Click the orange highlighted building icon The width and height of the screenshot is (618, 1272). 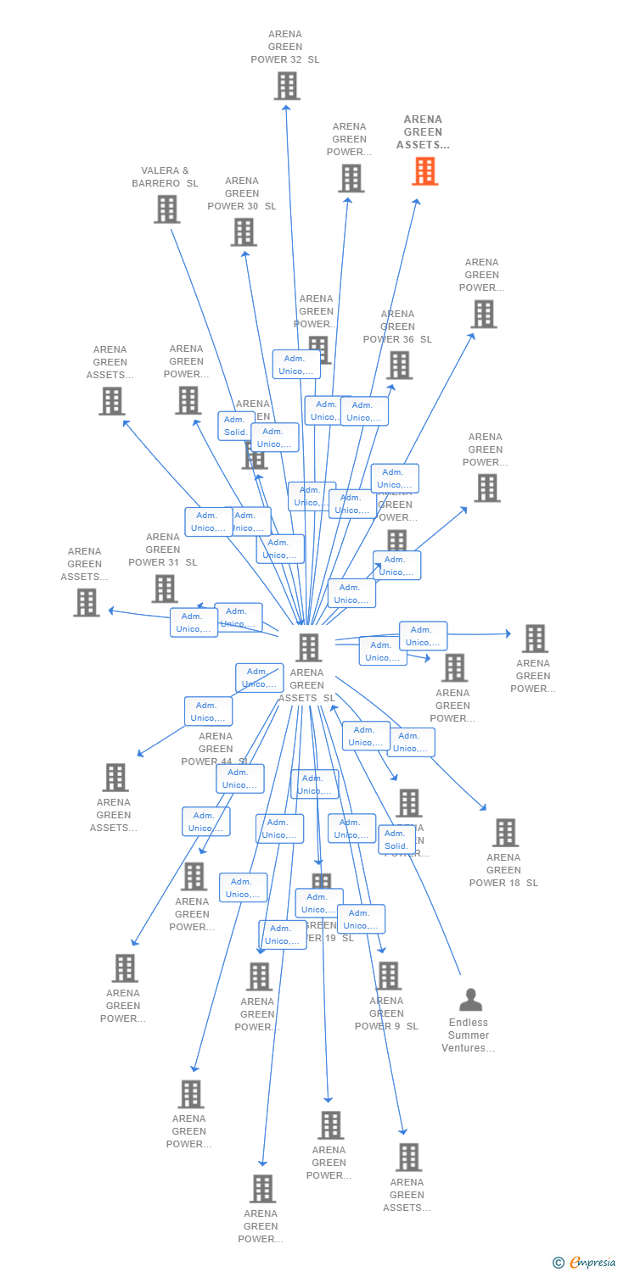point(424,170)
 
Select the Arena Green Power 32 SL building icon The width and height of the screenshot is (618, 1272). point(287,86)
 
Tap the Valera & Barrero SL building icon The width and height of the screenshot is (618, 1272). point(166,209)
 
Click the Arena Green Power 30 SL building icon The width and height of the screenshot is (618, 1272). point(244,232)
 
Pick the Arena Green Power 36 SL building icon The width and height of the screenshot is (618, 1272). point(399,365)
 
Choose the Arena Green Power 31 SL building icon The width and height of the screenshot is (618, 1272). point(164,588)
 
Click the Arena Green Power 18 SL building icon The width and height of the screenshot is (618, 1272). point(505,832)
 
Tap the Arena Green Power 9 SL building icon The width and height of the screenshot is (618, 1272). point(388,975)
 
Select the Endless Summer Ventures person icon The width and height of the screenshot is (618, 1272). point(469,1000)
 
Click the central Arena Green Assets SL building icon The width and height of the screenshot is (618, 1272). point(308,647)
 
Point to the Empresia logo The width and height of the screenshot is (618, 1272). point(585,1263)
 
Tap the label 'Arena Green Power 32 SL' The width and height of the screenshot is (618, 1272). point(285,47)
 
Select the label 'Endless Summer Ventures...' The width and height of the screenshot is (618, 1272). point(469,1035)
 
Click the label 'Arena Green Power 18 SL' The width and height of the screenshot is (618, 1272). point(503,870)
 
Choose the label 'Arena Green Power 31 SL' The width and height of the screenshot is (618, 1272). point(163,550)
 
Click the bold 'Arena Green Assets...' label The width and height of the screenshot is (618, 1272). point(423,132)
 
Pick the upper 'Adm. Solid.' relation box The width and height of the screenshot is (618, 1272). point(235,426)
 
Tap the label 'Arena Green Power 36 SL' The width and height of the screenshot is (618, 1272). point(397,326)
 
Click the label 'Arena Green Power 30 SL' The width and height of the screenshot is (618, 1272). point(242,193)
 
